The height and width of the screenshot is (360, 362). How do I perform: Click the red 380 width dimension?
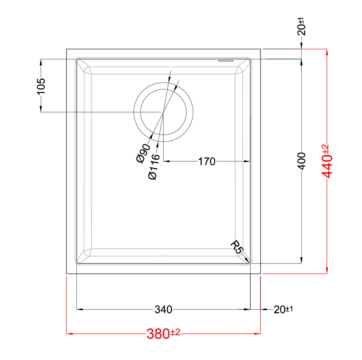coord(163,333)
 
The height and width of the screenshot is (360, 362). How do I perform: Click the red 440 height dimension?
coord(327,161)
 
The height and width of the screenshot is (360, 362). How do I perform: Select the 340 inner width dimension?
coord(163,310)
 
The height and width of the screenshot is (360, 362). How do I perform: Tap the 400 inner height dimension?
coord(302,161)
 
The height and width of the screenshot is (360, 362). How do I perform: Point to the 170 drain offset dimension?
coord(207,162)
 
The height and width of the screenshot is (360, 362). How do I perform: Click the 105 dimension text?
coord(41,86)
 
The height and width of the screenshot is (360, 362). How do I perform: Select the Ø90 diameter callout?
coord(144,153)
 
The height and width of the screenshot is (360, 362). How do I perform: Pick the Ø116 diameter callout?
coord(154,167)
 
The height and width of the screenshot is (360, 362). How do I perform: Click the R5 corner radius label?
coord(236,247)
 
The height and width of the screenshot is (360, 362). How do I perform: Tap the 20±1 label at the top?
coord(302,29)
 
